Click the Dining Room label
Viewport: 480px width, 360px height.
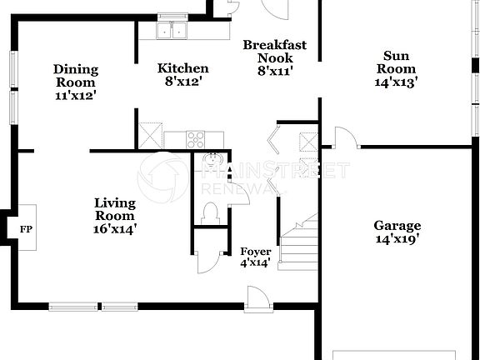(75, 82)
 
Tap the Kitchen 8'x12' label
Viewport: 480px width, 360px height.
(182, 75)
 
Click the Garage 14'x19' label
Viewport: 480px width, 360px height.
(397, 232)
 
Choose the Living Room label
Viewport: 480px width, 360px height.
(114, 215)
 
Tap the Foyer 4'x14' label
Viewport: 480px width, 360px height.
(255, 257)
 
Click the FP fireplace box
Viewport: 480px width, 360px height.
(25, 227)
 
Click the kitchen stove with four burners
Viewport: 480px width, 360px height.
(197, 139)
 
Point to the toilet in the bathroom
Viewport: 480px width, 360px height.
(210, 215)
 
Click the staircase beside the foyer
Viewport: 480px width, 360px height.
(299, 242)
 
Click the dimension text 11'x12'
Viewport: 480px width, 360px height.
(75, 95)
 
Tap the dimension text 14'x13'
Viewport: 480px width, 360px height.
(396, 82)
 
